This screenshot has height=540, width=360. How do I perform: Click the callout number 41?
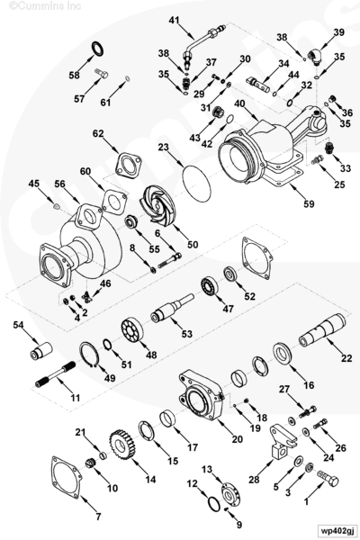(x=175, y=21)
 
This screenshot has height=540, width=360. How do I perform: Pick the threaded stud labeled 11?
(x=56, y=373)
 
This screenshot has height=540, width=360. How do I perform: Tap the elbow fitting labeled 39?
(x=314, y=56)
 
